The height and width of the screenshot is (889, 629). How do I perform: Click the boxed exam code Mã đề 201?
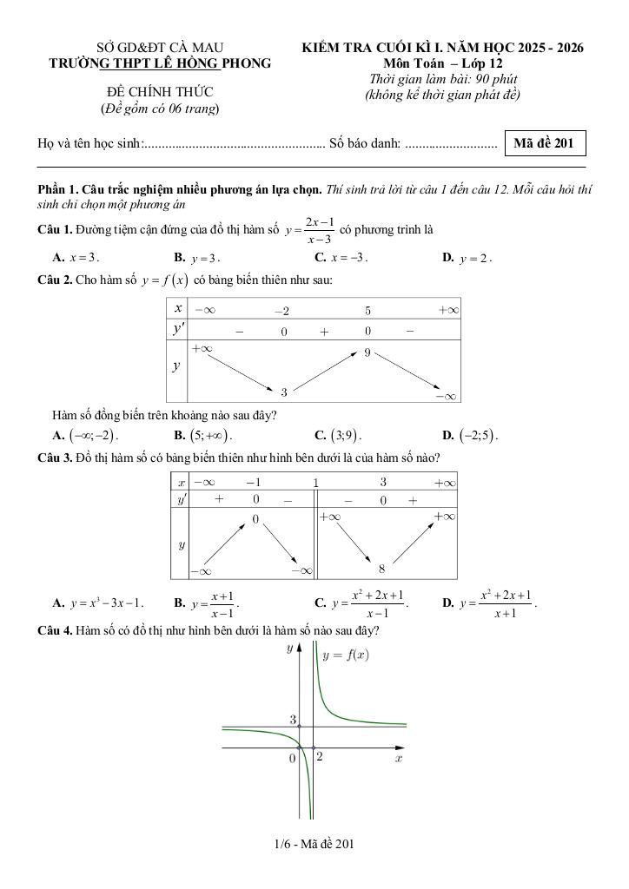[544, 143]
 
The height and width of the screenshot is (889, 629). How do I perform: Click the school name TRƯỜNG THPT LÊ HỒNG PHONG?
[160, 63]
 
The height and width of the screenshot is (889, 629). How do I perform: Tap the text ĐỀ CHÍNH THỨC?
[160, 91]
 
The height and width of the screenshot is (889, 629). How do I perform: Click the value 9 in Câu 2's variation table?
[367, 352]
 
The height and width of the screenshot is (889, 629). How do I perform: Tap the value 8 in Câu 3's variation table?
[381, 569]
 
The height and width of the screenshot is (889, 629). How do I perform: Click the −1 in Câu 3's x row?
[253, 483]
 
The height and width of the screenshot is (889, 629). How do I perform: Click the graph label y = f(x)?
[345, 655]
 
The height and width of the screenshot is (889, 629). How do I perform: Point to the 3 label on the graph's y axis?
[293, 720]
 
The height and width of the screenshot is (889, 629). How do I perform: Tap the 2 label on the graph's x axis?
[319, 757]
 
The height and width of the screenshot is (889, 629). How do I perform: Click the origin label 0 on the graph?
[293, 758]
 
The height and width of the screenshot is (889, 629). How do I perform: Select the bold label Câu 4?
[55, 630]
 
